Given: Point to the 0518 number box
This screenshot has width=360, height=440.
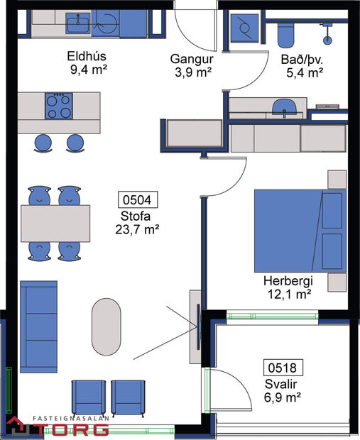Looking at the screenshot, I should coord(284,368).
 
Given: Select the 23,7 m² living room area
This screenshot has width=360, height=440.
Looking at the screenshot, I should coord(136,229).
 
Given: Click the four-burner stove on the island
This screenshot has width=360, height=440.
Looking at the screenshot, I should coord(59,106).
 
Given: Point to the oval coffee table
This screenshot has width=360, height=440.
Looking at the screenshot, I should coord(107,326).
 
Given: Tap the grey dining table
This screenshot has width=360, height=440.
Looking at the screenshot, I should coord(56,223).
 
